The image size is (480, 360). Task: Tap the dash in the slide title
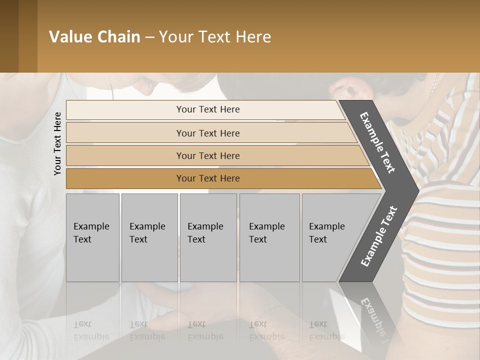149,37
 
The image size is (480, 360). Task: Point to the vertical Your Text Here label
57,143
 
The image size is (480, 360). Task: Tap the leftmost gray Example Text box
92,237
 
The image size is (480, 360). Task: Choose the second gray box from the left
149,237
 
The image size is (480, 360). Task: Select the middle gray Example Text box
208,237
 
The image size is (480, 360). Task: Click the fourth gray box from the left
269,237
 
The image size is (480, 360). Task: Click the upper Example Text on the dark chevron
377,142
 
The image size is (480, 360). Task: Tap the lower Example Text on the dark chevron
379,236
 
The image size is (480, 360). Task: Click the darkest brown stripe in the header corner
9,36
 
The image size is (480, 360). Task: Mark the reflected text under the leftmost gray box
91,330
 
